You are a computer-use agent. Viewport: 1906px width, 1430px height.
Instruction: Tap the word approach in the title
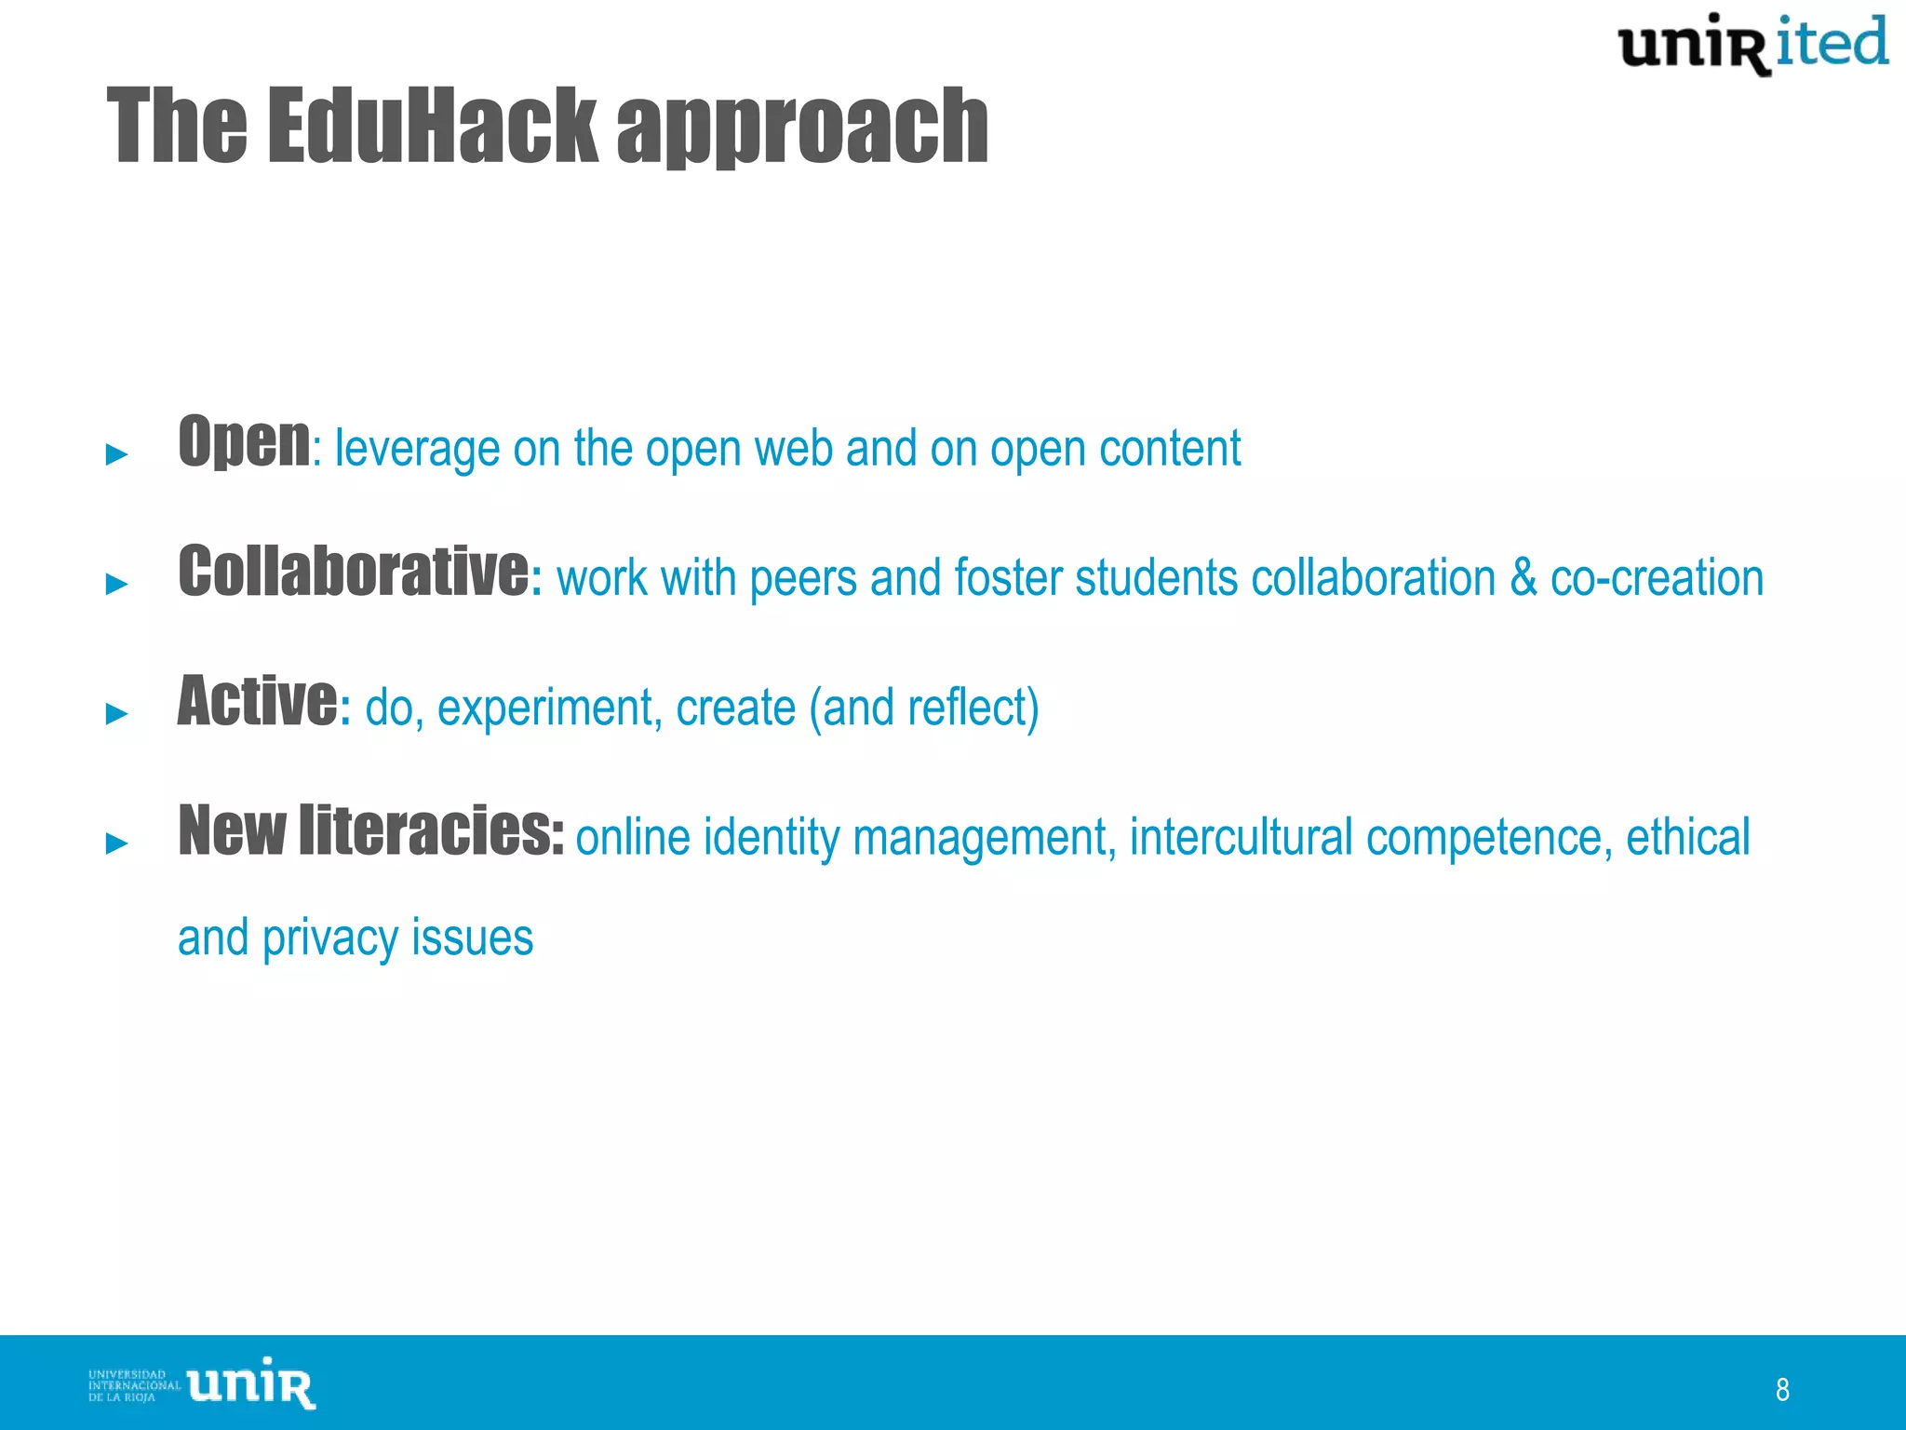802,128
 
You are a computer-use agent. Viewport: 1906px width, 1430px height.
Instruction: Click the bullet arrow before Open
116,454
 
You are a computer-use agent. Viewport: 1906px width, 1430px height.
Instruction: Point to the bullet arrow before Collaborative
116,584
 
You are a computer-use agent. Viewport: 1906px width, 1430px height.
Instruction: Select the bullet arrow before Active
116,713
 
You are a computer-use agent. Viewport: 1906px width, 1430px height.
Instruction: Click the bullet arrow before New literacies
116,843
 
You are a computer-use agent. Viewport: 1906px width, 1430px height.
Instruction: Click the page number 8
1782,1389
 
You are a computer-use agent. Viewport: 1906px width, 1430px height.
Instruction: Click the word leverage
417,449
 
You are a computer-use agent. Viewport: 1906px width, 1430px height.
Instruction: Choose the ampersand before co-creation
1523,577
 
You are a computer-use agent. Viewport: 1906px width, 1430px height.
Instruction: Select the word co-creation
1657,577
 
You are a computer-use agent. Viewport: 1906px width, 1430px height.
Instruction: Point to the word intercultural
1241,836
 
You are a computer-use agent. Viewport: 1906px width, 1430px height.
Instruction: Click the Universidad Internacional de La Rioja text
133,1385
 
